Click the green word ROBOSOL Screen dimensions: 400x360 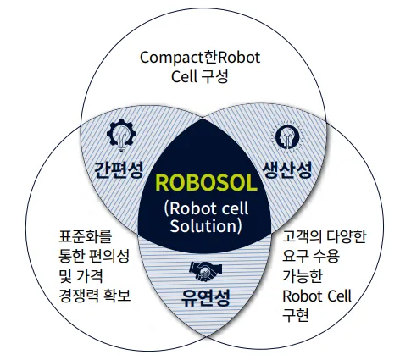[x=206, y=183]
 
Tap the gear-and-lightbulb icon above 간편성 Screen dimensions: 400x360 [x=121, y=135]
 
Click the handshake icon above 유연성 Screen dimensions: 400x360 [x=206, y=271]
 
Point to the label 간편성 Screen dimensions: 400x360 [x=119, y=169]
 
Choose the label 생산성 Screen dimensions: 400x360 [x=287, y=169]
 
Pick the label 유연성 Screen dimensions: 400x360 [x=206, y=297]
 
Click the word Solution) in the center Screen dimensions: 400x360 [x=206, y=226]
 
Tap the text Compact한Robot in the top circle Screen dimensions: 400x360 [x=200, y=58]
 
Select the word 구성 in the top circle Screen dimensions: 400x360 [x=215, y=76]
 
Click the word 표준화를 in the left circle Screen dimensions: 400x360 [x=86, y=236]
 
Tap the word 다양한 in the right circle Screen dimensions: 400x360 [x=347, y=236]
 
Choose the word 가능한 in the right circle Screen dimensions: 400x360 [x=303, y=276]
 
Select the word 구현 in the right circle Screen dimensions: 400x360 [x=296, y=315]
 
